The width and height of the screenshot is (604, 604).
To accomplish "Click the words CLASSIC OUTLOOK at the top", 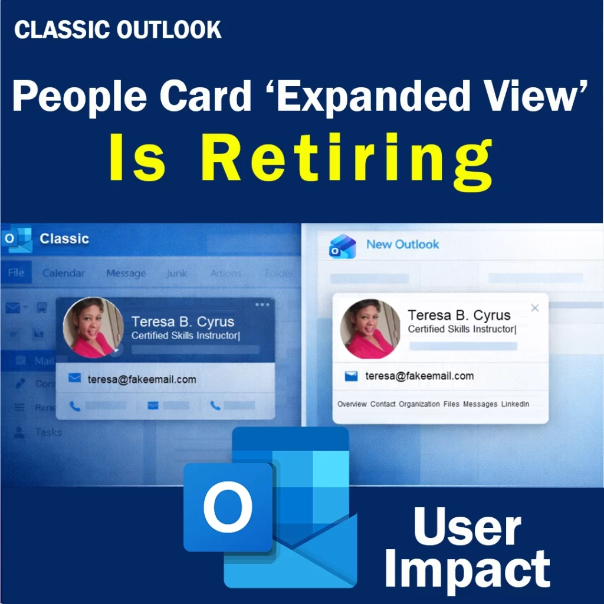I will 118,30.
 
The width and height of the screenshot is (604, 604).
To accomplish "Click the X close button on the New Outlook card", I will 535,307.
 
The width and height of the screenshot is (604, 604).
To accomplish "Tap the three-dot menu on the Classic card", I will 262,304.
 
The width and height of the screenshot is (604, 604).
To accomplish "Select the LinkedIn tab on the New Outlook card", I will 515,404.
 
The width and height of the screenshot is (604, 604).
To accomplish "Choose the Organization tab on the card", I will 419,404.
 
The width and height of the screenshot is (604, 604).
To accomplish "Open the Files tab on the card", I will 451,404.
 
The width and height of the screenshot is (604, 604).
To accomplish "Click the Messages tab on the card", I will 480,404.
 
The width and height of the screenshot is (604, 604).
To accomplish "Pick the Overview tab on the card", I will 352,404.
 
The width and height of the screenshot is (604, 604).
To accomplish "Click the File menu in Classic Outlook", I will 16,273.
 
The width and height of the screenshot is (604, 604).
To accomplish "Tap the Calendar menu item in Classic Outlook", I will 64,273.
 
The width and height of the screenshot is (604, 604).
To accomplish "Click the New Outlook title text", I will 403,244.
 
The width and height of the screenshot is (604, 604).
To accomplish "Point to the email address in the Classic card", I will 142,379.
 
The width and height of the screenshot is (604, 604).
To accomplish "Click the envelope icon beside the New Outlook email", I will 352,376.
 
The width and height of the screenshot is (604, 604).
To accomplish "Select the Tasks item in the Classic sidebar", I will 48,432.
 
